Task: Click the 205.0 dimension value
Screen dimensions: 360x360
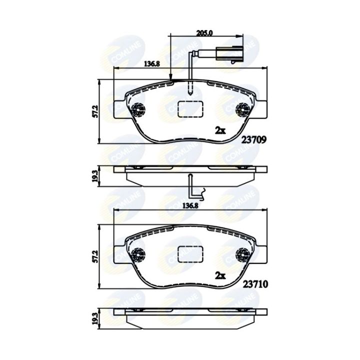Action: pyautogui.click(x=204, y=33)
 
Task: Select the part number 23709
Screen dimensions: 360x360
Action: pyautogui.click(x=253, y=139)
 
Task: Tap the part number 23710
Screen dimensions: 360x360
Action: pyautogui.click(x=255, y=284)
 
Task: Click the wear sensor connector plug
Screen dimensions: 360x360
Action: pyautogui.click(x=229, y=54)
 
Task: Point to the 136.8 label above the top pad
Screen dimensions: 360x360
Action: pyautogui.click(x=152, y=64)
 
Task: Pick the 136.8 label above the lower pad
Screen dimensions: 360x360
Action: pyautogui.click(x=190, y=206)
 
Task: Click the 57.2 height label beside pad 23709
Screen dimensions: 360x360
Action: pyautogui.click(x=95, y=111)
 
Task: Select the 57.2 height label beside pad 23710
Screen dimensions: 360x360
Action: pyautogui.click(x=95, y=256)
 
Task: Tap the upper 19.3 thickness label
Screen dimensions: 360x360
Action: pyautogui.click(x=95, y=176)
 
